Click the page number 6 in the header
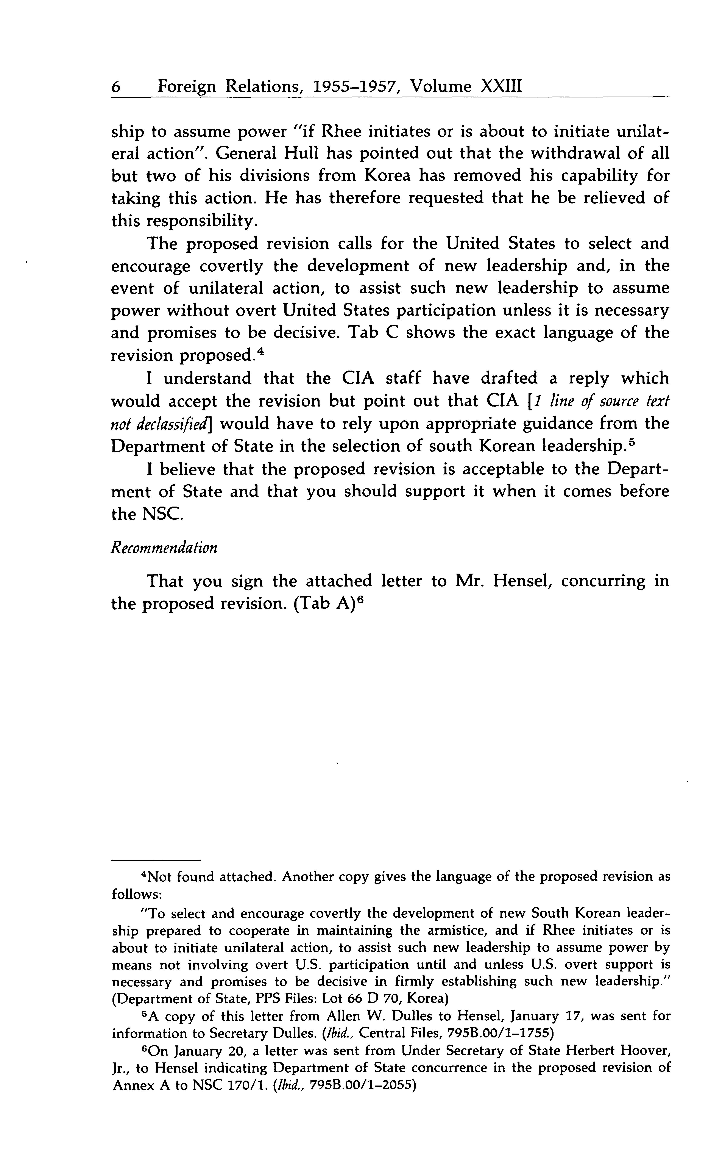[x=115, y=86]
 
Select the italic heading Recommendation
[x=164, y=548]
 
